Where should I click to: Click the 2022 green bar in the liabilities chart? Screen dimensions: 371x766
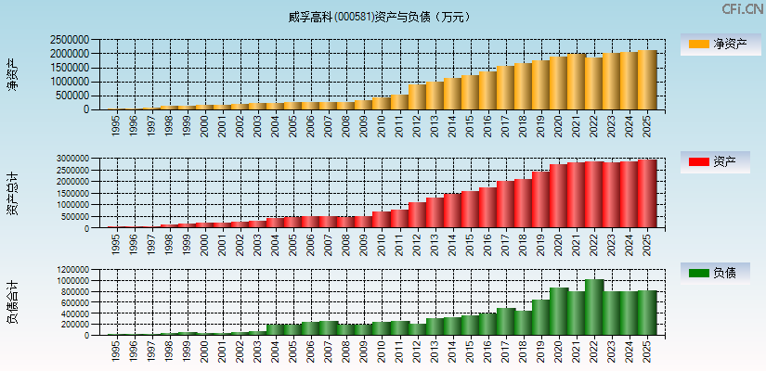594,308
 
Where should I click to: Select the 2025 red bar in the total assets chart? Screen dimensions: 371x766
647,194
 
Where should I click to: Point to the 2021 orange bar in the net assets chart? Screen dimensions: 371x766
577,82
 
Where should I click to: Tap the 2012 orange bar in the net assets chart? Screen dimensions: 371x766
417,97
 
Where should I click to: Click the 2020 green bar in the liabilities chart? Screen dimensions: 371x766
559,312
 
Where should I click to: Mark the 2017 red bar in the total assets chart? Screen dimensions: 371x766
505,205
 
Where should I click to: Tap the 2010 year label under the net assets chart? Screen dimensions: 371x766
382,125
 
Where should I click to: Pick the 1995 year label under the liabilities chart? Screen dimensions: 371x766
116,351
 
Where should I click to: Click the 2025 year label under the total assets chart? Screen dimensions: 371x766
647,243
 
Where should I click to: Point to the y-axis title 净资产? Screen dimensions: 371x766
12,74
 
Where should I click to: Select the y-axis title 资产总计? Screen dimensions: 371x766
12,194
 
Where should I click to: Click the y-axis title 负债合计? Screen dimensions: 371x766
12,303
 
